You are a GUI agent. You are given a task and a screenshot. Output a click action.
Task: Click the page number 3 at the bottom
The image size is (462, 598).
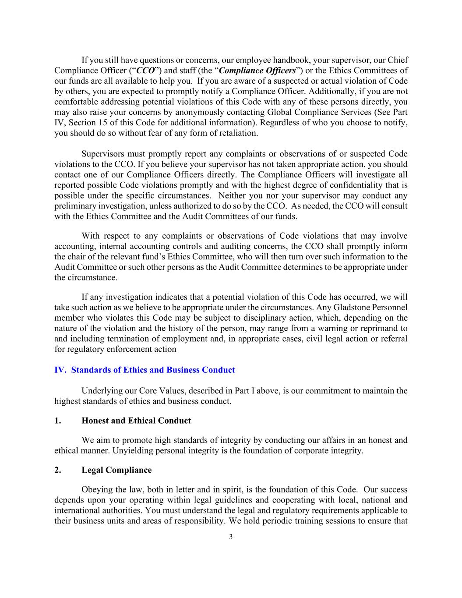231,537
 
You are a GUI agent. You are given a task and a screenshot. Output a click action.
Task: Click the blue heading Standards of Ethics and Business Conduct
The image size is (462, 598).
153,370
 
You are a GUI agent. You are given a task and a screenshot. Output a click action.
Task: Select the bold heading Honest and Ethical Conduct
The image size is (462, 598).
136,421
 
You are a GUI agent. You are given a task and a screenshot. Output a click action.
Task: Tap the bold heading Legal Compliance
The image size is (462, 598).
116,470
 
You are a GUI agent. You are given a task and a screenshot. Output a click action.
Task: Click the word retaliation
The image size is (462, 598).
236,133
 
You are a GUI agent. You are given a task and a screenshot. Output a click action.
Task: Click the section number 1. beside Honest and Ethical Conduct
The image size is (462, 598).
57,421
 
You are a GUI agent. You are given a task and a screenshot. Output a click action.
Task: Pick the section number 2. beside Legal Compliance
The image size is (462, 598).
57,470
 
